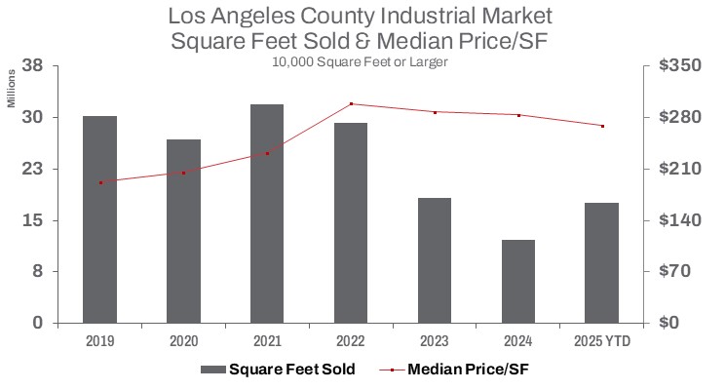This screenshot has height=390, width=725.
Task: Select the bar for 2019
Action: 99,219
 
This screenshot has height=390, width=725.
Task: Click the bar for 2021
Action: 267,214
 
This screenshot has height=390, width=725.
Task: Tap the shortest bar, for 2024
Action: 518,281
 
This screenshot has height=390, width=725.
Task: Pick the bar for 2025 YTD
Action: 602,262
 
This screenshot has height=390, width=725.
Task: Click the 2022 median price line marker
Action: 351,103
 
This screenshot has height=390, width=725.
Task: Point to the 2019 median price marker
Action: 99,182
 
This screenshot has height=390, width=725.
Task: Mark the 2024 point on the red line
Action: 518,115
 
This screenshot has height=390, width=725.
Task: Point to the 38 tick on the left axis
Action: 32,66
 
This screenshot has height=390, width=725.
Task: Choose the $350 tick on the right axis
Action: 679,66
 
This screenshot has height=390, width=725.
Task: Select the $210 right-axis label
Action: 679,169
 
